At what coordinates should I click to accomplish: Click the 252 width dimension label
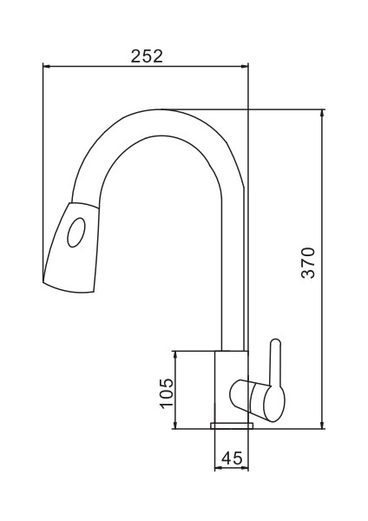point(147,56)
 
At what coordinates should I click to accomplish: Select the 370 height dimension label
point(308,262)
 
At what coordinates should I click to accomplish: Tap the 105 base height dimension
point(167,392)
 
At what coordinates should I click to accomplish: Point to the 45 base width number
point(232,458)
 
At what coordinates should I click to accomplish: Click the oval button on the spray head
point(76,233)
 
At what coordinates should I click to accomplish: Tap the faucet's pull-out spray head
point(71,247)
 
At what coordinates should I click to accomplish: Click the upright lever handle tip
point(276,342)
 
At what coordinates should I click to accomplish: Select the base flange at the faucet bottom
point(232,425)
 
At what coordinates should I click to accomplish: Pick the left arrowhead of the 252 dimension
point(46,67)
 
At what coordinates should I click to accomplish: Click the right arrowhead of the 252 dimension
point(245,67)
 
